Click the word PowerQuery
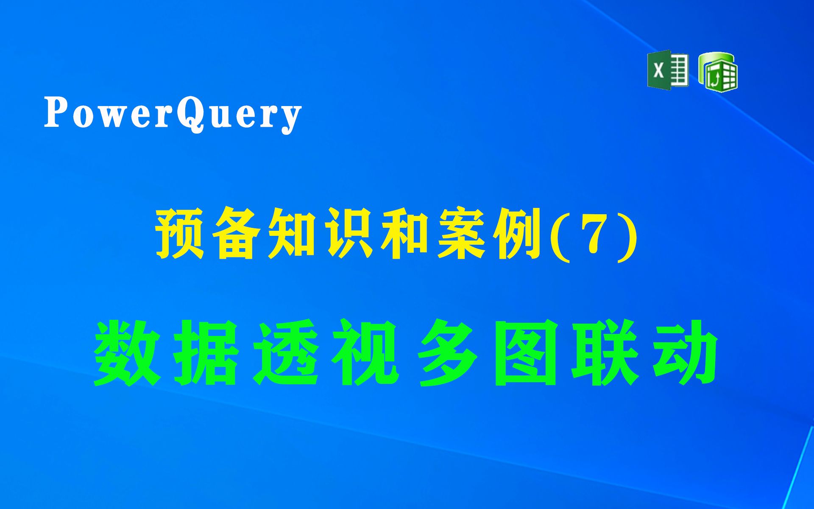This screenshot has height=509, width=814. (x=173, y=115)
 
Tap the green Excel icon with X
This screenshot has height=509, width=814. (x=668, y=70)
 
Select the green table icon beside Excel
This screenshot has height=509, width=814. (x=718, y=72)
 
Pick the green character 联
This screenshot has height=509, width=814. (x=606, y=352)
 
